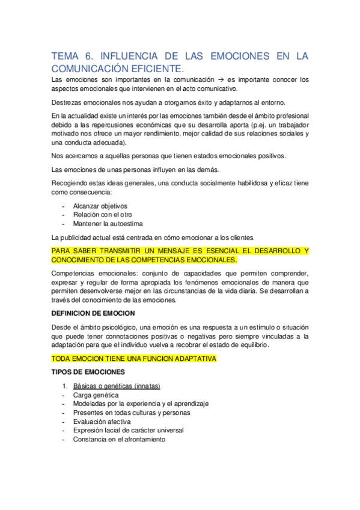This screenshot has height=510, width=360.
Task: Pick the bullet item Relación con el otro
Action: click(x=103, y=215)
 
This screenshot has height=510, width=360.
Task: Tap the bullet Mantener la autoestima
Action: click(x=108, y=224)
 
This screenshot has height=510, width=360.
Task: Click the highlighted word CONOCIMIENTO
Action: click(x=84, y=260)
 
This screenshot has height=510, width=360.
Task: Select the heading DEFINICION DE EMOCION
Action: click(x=93, y=313)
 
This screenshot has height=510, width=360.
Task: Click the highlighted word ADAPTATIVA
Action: click(x=191, y=358)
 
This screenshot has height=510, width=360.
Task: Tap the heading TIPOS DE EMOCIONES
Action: click(x=88, y=372)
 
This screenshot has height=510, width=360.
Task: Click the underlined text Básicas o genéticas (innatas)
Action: click(x=117, y=386)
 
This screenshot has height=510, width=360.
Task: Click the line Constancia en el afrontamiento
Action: click(x=119, y=440)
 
